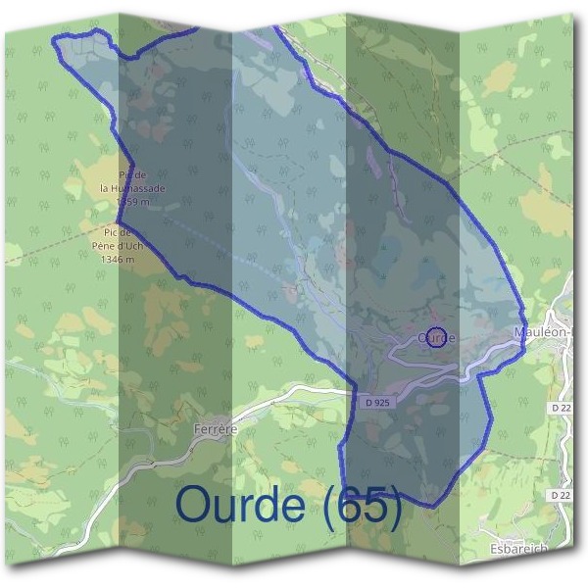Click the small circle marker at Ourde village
438,336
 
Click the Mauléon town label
543,334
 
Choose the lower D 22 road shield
561,496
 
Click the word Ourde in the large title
239,506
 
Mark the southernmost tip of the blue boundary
427,507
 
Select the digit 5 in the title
373,506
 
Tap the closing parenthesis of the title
394,507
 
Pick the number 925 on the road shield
370,402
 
